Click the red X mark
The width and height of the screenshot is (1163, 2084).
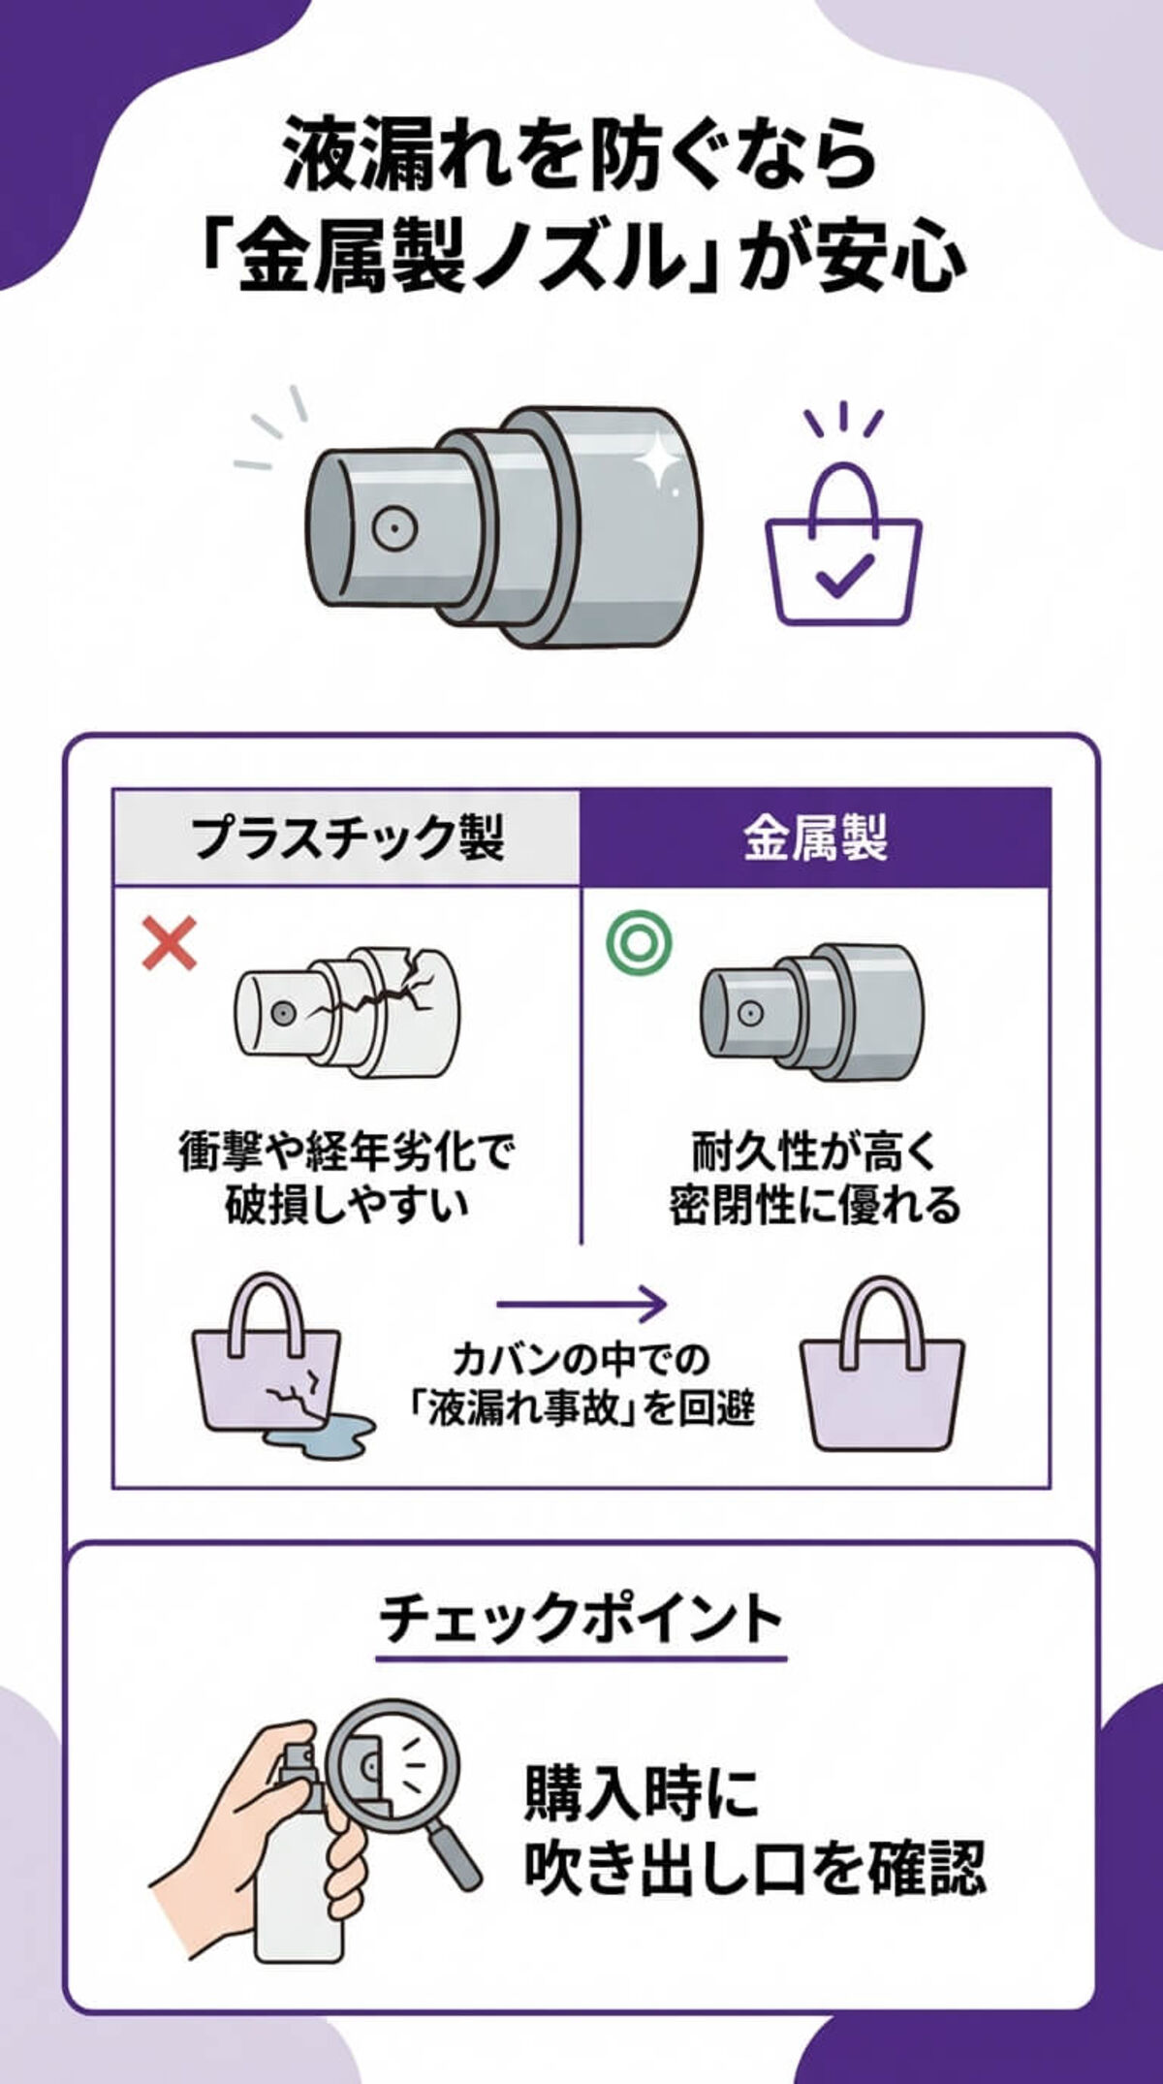tap(170, 944)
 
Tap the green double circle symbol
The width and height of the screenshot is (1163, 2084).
tap(639, 942)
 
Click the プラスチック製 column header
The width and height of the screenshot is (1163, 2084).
tap(347, 837)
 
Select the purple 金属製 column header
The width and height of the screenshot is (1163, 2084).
tap(815, 838)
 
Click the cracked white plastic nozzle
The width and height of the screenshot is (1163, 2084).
tap(347, 1011)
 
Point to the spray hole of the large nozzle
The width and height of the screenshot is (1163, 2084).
tap(395, 528)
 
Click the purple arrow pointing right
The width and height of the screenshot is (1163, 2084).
tap(581, 1304)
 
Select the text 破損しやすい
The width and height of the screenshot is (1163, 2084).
tap(346, 1205)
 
